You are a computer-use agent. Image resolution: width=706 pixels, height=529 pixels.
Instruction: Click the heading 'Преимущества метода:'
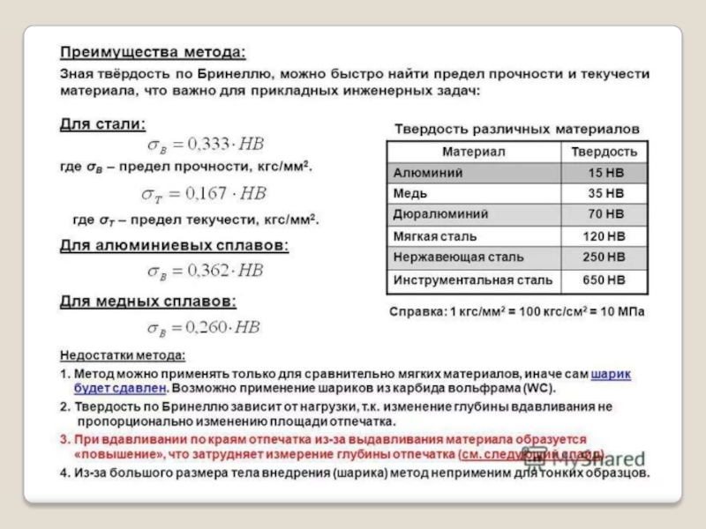pos(153,51)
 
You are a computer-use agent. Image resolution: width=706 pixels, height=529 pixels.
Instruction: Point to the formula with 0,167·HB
pos(204,193)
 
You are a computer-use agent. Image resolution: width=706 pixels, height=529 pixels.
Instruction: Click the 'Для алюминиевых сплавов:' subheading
pos(174,245)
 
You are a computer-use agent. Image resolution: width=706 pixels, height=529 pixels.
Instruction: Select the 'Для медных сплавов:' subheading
pos(147,302)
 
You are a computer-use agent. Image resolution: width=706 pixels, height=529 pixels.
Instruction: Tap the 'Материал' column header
pos(474,152)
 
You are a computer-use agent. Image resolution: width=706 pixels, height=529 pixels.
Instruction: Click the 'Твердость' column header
pos(605,152)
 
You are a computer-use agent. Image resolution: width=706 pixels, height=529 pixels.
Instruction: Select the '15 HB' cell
pos(605,173)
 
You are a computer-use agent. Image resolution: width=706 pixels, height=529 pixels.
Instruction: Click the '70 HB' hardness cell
pos(605,214)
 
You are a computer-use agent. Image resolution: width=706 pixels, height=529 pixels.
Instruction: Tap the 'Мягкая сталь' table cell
pos(434,236)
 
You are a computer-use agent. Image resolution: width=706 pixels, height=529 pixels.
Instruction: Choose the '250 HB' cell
pos(605,257)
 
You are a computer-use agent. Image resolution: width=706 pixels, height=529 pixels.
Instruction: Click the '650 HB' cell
pos(605,280)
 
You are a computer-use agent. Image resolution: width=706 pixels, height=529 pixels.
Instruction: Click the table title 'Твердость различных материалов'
pos(516,128)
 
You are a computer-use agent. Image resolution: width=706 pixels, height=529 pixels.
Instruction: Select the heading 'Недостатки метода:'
pos(123,356)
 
